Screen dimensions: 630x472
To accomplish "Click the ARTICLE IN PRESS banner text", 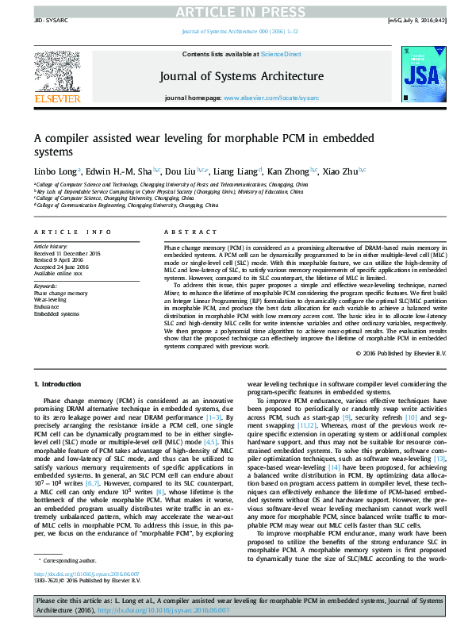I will [236, 11].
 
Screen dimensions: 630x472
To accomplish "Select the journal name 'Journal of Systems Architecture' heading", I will [242, 76].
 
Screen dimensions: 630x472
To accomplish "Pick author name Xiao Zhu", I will [343, 171].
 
